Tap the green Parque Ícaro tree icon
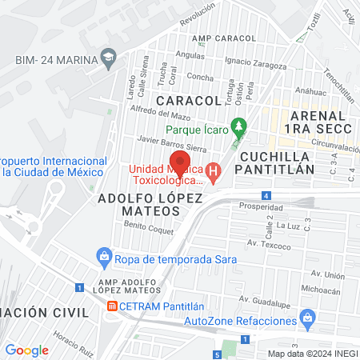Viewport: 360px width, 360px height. pos(238,126)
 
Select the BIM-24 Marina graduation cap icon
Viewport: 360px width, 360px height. pos(106,58)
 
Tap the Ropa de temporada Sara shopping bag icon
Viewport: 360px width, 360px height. pos(103,257)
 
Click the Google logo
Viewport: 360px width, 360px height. pos(26,350)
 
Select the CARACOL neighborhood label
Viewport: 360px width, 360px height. pos(188,101)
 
